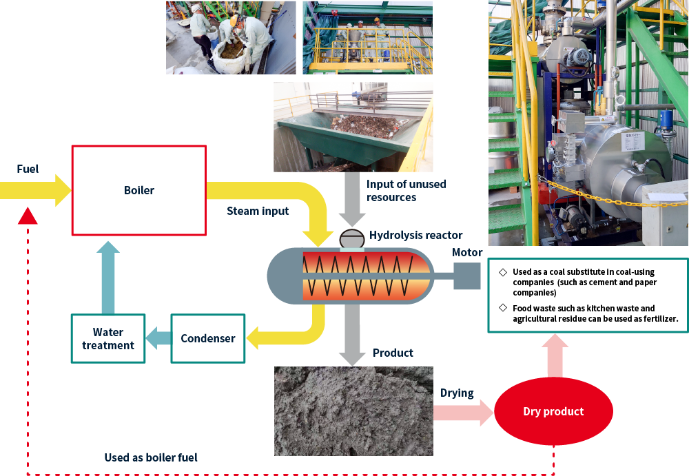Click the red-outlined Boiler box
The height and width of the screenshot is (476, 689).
tap(138, 190)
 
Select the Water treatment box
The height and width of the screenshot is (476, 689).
tap(107, 338)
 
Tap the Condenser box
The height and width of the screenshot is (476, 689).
tap(207, 338)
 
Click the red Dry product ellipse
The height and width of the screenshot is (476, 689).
tap(553, 412)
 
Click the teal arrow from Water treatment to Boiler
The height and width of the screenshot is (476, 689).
tap(108, 276)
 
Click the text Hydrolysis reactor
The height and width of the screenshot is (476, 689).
tap(416, 236)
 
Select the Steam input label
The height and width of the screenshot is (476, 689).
tap(258, 211)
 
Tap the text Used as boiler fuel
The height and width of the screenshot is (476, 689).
tap(151, 457)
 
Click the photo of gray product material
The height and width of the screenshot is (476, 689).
tap(353, 411)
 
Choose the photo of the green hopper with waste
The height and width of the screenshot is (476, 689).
tap(353, 127)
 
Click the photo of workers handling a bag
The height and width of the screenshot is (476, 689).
tap(231, 37)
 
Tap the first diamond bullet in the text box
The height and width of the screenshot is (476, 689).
tap(502, 273)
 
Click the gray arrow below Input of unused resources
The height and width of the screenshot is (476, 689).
tap(353, 203)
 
